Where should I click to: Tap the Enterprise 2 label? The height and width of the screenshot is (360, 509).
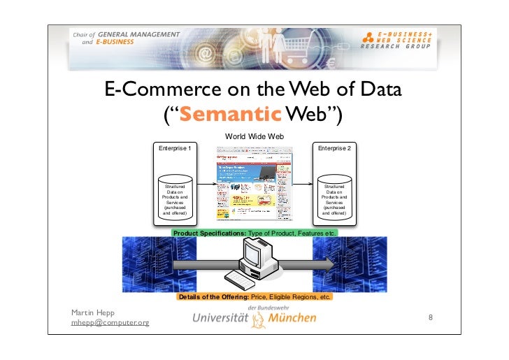[335, 149]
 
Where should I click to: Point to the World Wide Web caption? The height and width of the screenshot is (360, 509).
[254, 136]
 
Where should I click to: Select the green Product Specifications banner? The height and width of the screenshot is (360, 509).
[255, 232]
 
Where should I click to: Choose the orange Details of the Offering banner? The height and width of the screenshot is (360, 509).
[254, 297]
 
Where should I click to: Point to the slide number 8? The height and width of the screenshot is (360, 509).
[431, 317]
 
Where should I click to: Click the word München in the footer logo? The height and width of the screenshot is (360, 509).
[292, 318]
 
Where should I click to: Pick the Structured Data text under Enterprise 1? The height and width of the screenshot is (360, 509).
[175, 200]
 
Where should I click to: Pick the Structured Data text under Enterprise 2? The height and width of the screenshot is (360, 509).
[334, 200]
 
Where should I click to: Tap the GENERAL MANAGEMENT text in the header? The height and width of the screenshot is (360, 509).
[138, 34]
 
